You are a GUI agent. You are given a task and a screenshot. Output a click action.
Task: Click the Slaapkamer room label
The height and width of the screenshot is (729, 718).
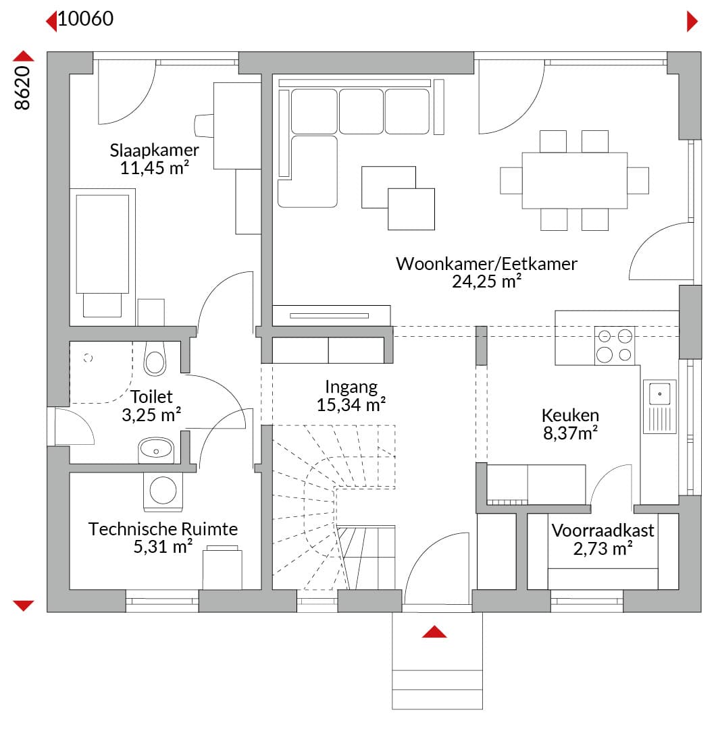coord(154,150)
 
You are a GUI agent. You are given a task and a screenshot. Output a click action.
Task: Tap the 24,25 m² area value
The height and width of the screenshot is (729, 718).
coord(486,281)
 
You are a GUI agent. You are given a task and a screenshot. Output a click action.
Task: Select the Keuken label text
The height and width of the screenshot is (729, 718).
coord(570,415)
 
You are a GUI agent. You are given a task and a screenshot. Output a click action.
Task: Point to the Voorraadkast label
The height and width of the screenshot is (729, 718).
coord(603,531)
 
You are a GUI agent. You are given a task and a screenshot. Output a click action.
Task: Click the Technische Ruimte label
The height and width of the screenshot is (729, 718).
coord(163,529)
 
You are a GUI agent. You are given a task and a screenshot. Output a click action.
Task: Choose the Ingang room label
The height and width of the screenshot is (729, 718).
coord(351,387)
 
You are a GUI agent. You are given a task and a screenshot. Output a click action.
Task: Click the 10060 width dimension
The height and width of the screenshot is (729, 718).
coord(86,19)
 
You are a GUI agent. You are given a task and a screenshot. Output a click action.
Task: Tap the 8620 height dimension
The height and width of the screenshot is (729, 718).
coord(22,88)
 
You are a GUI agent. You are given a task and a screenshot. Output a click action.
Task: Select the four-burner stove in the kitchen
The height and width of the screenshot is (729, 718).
coord(614,346)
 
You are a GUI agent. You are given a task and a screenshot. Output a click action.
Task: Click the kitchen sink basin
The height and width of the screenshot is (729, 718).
coord(659,394)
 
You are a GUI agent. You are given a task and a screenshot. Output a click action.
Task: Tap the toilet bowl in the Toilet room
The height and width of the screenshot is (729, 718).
coord(155,358)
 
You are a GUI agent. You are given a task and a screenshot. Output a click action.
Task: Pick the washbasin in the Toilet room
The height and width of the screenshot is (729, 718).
coord(156,450)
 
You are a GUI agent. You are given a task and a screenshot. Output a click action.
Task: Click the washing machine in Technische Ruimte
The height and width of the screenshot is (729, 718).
coord(163,491)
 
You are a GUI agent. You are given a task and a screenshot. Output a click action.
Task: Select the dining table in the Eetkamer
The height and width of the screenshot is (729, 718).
coord(574,180)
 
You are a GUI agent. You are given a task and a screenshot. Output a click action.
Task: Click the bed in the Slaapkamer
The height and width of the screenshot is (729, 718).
coord(103,253)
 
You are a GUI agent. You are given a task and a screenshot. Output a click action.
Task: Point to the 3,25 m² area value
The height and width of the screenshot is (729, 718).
coord(151,414)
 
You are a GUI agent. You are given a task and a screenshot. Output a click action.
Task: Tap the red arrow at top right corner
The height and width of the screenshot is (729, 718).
coord(692,22)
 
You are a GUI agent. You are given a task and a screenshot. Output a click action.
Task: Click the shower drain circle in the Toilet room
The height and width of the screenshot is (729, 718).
coord(88,358)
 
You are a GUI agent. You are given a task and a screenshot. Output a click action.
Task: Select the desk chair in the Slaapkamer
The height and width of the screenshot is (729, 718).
coord(203,126)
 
